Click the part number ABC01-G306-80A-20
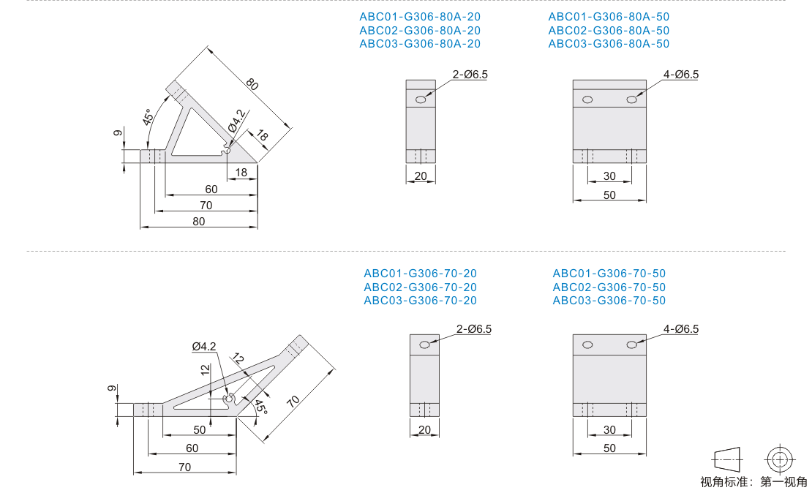(x=420, y=17)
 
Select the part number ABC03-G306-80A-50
(x=609, y=44)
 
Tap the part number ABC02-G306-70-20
(x=420, y=287)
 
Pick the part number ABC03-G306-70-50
(x=609, y=301)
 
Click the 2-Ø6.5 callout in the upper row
(x=470, y=75)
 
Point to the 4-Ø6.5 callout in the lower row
(x=681, y=329)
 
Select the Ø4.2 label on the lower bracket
(x=204, y=347)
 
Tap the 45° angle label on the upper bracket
(x=148, y=118)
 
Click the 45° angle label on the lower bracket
(x=261, y=407)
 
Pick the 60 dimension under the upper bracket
(x=211, y=189)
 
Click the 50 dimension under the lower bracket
(x=200, y=430)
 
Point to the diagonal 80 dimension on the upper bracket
(x=252, y=84)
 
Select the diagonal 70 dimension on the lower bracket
(x=293, y=402)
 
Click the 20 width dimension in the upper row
(x=421, y=176)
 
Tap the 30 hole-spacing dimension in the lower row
(x=609, y=430)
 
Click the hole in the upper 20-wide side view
(x=421, y=99)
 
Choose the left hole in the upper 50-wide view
(x=587, y=99)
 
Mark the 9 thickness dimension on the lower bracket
(x=111, y=389)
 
